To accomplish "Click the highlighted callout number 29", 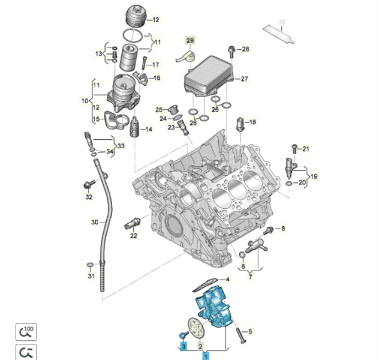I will coord(190,41).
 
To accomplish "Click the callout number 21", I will coord(305,149).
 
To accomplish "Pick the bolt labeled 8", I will coord(269,230).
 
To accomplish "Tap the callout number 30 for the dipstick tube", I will coord(94,223).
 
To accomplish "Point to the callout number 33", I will coord(121,146).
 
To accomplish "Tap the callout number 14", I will coord(149,130).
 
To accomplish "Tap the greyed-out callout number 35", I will coord(282,22).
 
